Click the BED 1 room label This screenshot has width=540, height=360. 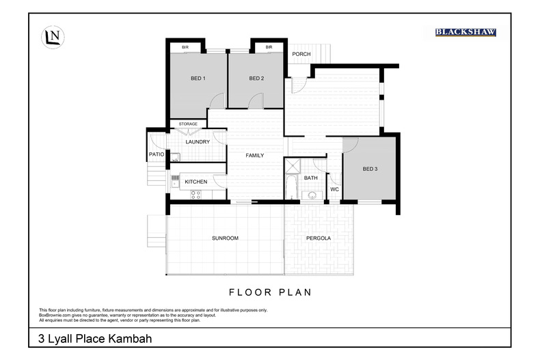(x=198, y=79)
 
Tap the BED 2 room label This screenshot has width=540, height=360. (x=256, y=79)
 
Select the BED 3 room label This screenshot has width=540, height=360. (x=370, y=169)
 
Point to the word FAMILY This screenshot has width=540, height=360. (x=255, y=156)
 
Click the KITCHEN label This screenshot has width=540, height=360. (x=196, y=182)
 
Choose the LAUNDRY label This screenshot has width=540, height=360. (x=197, y=142)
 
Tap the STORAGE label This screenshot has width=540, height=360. (x=188, y=124)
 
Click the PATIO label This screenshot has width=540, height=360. (x=156, y=154)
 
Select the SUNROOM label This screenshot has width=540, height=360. (x=225, y=238)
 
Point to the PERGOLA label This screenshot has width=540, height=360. (x=319, y=238)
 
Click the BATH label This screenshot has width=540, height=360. (x=311, y=178)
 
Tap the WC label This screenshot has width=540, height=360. (x=334, y=189)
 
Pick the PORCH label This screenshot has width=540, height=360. (x=301, y=54)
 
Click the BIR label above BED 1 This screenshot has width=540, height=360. (x=185, y=47)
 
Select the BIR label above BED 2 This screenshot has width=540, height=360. (x=269, y=47)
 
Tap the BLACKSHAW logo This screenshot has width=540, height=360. (x=465, y=32)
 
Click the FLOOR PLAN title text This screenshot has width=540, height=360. (x=270, y=292)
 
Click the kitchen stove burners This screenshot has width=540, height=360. (x=196, y=194)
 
